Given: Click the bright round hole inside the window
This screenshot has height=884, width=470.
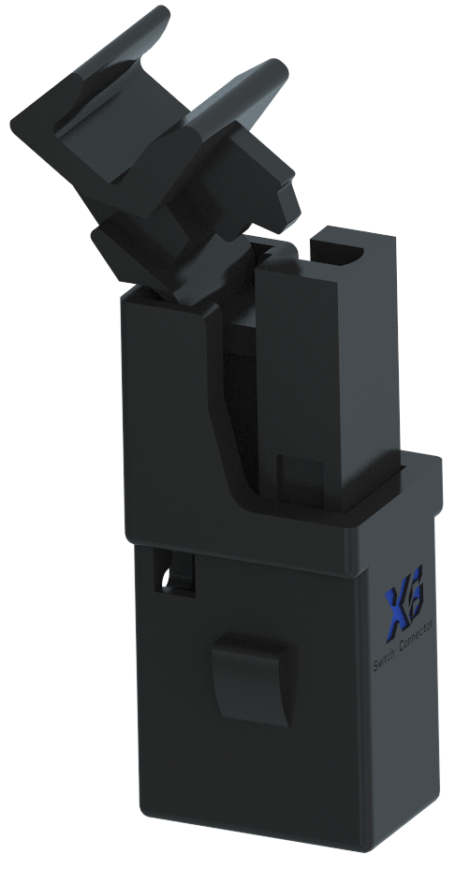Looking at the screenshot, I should (x=168, y=582).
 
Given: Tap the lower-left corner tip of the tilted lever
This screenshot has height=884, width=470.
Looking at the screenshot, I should (x=103, y=243).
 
